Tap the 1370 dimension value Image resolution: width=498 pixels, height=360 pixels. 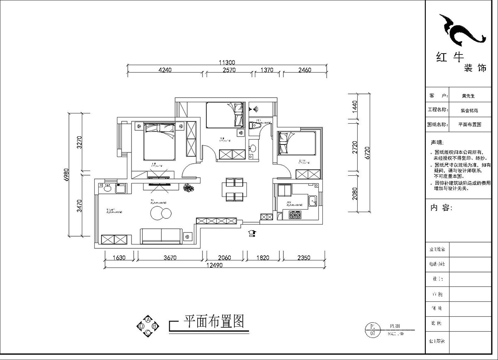point(266,70)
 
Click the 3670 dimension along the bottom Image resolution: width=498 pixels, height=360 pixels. point(170,257)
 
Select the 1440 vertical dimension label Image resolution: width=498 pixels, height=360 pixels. point(354,106)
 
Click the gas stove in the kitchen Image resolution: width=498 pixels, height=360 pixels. point(295,215)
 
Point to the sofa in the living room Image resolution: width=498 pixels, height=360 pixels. point(161,235)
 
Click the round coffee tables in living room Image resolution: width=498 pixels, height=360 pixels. point(160,213)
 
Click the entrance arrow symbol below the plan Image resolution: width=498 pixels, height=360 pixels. point(252,233)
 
